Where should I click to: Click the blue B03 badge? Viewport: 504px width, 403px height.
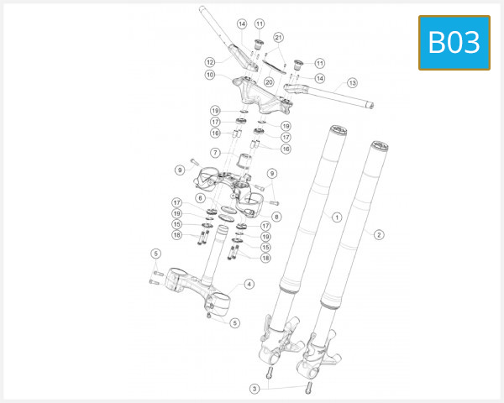pos(454,42)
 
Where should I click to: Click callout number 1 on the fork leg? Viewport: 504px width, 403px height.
pos(337,217)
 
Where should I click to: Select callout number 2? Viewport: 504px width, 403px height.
pos(379,234)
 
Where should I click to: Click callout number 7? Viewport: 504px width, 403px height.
pos(215,153)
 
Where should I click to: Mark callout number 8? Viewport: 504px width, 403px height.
pos(276,216)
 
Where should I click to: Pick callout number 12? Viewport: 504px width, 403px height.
pos(210,61)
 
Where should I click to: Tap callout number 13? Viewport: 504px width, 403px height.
pos(352,83)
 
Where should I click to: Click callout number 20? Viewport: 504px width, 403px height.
pos(269,82)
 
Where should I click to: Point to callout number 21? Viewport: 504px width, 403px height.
pos(279,37)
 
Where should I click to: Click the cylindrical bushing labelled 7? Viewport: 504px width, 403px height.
pos(247,162)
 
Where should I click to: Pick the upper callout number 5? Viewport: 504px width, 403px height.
pos(155,254)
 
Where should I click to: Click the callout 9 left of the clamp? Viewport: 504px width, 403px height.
pos(179,170)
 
